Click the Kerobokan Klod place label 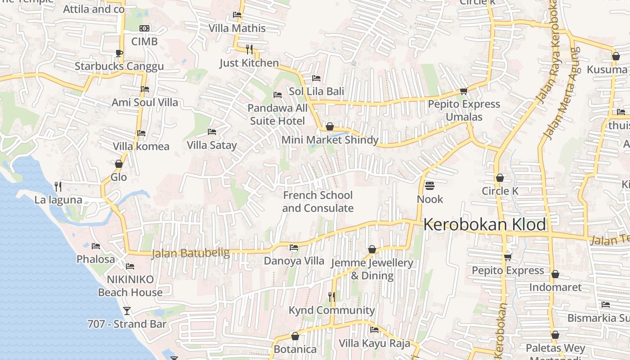pos(485,225)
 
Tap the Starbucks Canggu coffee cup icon pos(119,53)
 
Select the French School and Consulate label pos(318,202)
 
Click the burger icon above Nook pos(430,185)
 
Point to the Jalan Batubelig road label pos(190,253)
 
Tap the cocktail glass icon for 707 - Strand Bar pos(127,310)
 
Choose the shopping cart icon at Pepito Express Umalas pos(463,91)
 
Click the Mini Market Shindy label pos(330,140)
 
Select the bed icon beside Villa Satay pos(212,132)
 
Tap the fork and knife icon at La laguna pos(58,186)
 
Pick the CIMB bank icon pos(144,28)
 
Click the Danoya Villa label pos(294,261)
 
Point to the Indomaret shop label pos(555,287)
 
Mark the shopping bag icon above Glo pos(119,164)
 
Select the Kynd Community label pos(332,310)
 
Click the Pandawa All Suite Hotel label pos(278,114)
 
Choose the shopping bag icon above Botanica pos(295,336)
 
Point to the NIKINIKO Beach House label pos(130,286)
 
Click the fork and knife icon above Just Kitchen pos(249,49)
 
